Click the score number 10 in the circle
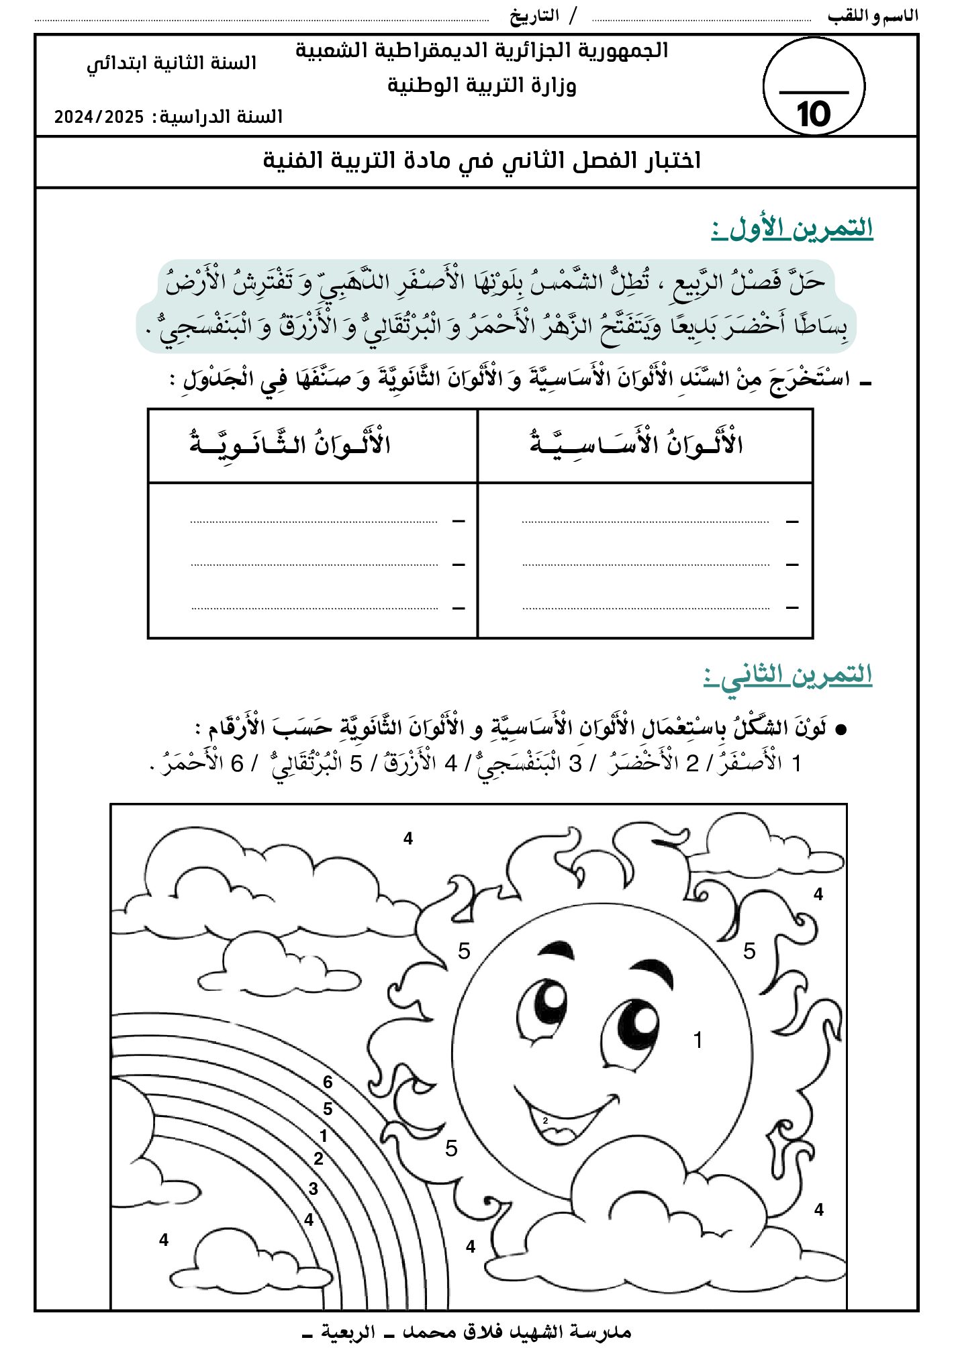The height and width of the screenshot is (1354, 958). tap(813, 115)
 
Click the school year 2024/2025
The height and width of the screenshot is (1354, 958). tap(99, 117)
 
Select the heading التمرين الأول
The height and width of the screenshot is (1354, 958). tap(792, 228)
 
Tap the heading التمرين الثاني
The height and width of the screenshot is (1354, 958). tap(788, 675)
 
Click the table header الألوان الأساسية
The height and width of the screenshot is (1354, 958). tap(636, 444)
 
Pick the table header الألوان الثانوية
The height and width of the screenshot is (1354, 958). tap(290, 444)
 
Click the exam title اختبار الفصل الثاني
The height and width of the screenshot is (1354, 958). tap(481, 161)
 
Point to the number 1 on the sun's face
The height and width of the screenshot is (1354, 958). tap(698, 1040)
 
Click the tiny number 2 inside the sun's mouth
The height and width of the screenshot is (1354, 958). tap(545, 1120)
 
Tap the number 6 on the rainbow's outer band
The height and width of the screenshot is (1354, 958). tap(328, 1081)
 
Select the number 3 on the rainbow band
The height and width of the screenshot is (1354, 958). tap(314, 1188)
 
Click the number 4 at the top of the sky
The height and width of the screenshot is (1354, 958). tap(408, 838)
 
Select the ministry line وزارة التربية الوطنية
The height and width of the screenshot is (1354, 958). tap(481, 86)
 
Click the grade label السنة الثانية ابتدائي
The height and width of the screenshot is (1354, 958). tap(172, 63)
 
